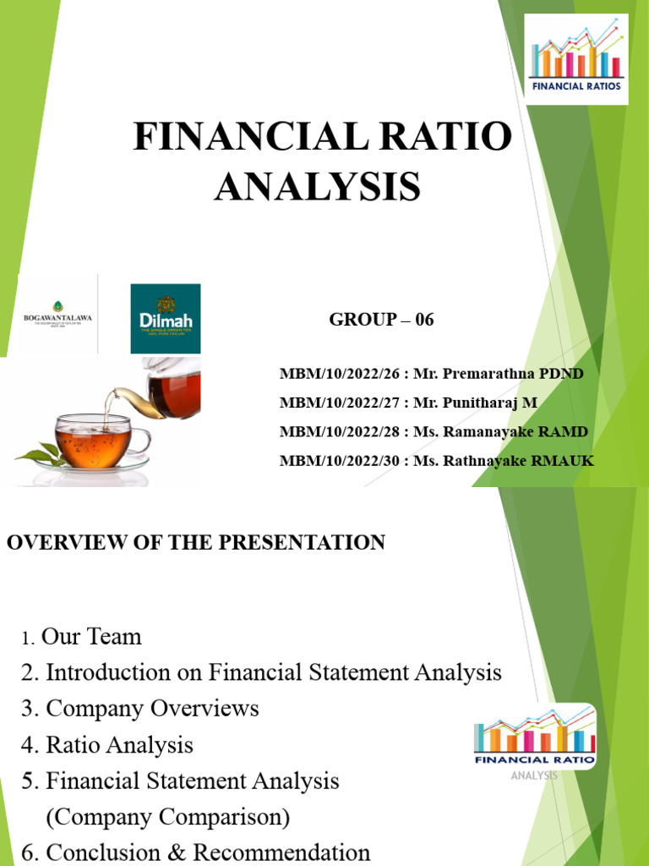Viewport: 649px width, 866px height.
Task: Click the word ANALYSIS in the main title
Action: (317, 186)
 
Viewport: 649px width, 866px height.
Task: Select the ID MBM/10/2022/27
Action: (343, 403)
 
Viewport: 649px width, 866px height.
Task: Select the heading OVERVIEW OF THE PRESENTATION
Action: (196, 543)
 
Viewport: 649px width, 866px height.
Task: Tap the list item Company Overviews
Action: (152, 708)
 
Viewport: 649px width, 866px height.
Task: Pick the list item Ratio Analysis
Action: (119, 745)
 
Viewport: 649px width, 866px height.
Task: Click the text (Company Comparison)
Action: (167, 818)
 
